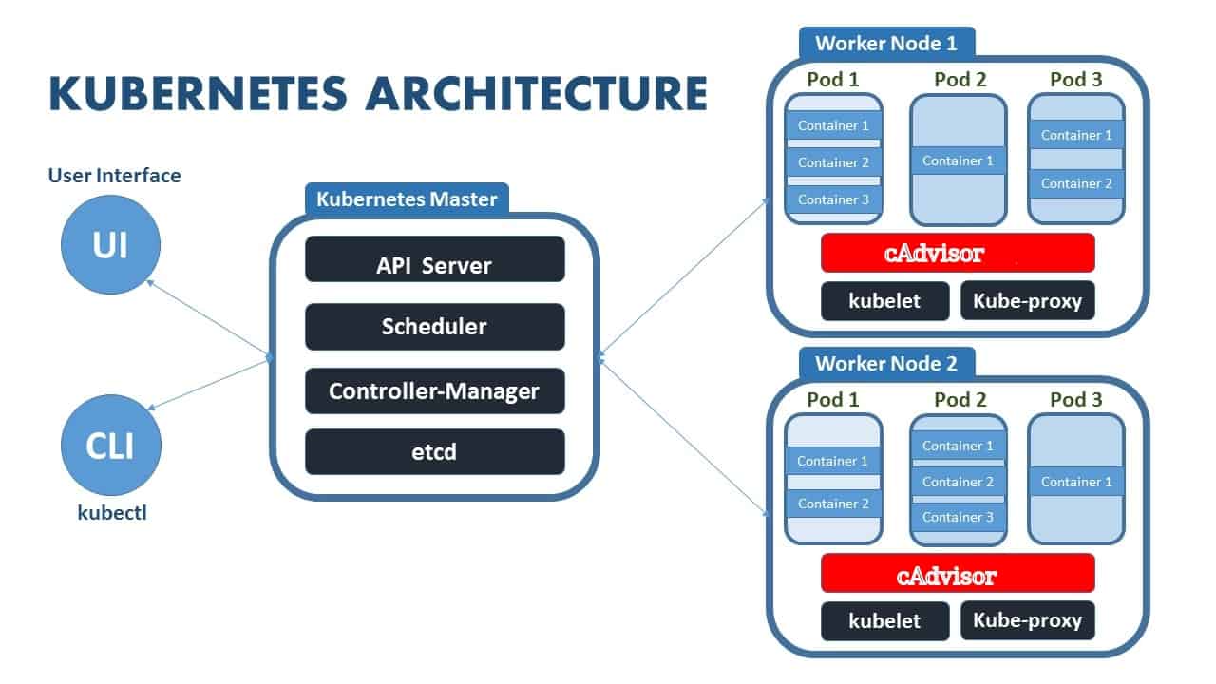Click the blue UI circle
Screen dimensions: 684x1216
click(110, 246)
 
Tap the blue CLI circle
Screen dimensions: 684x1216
click(110, 446)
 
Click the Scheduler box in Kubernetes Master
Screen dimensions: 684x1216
click(434, 327)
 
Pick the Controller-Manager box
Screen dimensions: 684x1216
click(434, 390)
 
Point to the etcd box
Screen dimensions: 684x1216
click(434, 451)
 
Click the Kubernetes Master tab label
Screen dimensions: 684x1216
click(407, 199)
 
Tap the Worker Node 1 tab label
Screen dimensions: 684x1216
click(886, 43)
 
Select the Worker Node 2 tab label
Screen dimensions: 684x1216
click(886, 363)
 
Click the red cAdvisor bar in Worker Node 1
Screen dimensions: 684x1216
click(958, 253)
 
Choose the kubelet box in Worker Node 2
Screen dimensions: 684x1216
click(884, 621)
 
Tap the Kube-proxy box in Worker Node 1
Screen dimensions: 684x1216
click(1027, 300)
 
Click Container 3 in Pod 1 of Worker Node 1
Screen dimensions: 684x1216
click(833, 199)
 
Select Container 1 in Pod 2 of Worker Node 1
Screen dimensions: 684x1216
click(958, 161)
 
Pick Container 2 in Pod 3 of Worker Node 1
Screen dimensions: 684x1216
click(1076, 183)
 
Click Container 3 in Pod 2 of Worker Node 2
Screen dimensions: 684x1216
click(958, 517)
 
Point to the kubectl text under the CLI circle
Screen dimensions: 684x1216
click(112, 513)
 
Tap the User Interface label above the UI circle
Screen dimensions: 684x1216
click(113, 176)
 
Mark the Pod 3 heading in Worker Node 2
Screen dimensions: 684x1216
click(1075, 400)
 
